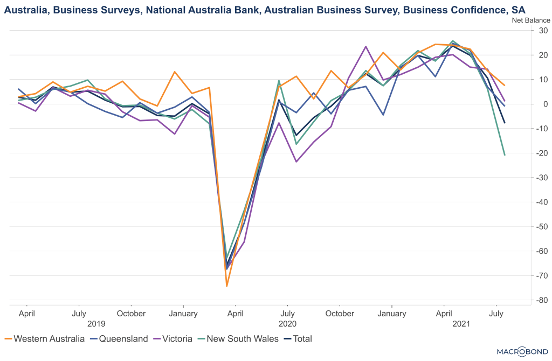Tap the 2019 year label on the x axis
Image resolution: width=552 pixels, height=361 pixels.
point(96,324)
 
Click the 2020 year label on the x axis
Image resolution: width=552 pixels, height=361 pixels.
point(288,324)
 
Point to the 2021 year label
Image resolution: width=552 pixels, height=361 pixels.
point(461,324)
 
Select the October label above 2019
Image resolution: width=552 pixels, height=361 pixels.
point(131,314)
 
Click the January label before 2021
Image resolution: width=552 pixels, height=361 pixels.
point(391,314)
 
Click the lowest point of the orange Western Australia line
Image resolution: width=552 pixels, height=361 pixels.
point(227,286)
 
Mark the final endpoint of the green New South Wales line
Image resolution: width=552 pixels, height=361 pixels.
point(505,155)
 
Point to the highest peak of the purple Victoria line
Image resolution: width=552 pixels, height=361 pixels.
point(366,46)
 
